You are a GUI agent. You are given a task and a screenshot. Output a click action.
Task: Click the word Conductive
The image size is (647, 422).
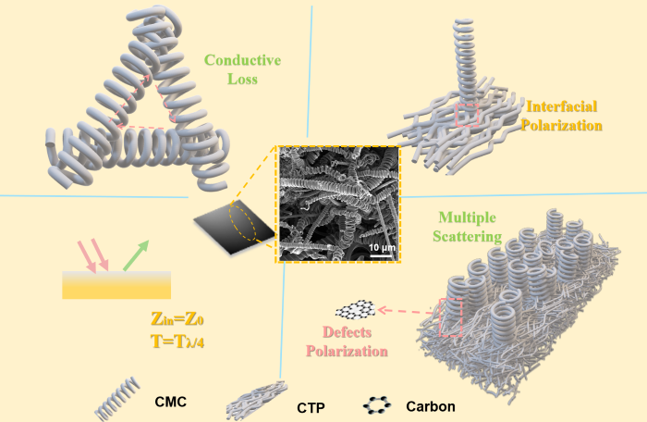tap(242, 60)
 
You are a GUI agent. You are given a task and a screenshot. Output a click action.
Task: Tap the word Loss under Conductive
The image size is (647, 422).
tap(242, 79)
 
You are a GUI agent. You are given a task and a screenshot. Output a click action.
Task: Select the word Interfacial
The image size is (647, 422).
tap(562, 106)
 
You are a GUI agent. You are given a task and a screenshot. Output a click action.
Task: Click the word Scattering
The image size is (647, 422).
tap(467, 237)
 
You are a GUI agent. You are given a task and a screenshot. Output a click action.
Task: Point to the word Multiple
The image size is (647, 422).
tap(467, 217)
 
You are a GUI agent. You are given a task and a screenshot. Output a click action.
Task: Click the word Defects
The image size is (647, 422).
tap(347, 332)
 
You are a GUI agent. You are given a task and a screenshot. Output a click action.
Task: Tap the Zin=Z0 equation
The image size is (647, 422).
tap(177, 319)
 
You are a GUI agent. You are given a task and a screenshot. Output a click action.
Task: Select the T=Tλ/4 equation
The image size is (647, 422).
tap(177, 341)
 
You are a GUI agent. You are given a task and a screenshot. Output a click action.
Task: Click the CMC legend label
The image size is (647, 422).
tap(170, 402)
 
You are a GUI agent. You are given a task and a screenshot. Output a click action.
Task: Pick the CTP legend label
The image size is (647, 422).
tap(311, 408)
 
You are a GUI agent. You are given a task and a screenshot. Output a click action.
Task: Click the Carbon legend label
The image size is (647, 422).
tap(431, 406)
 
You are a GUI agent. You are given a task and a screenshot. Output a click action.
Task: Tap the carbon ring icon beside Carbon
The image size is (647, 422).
tap(377, 405)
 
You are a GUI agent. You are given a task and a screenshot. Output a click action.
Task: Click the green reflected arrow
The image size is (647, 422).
tap(136, 255)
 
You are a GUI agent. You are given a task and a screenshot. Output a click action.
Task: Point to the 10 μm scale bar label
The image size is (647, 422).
tap(382, 248)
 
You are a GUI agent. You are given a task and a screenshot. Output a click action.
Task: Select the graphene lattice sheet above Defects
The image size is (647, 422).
tap(355, 310)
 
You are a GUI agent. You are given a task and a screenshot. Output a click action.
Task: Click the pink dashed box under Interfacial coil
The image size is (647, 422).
tap(467, 116)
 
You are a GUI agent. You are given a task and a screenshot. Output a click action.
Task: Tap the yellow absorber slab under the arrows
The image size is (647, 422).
tap(116, 285)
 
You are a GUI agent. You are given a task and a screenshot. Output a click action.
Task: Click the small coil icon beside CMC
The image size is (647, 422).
tap(117, 398)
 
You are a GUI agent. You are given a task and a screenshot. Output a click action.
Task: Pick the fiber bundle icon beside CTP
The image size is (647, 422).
tap(257, 399)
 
